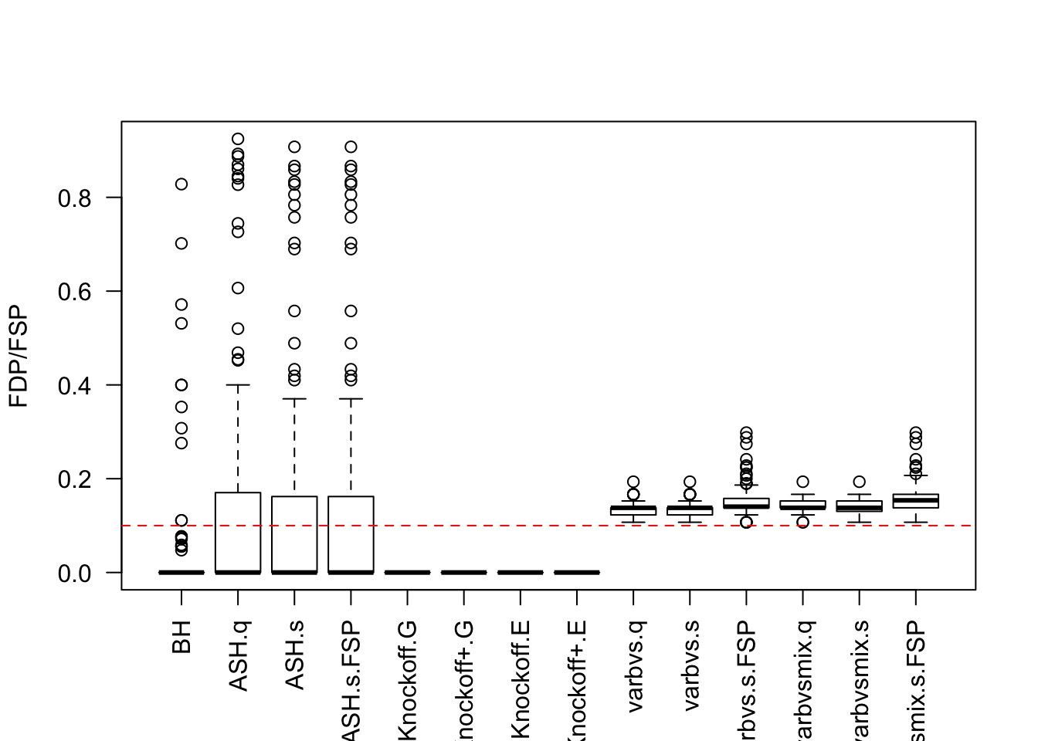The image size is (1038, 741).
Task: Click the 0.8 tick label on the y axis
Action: (75, 198)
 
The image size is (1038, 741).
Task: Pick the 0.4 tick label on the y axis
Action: (75, 385)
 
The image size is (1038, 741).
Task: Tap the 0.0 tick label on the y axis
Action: (75, 574)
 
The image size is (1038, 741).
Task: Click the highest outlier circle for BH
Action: (181, 184)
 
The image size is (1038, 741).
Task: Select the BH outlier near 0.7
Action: (181, 243)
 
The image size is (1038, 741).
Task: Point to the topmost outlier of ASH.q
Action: (238, 140)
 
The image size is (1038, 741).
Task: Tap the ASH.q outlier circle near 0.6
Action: (238, 288)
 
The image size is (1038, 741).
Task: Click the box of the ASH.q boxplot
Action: (238, 533)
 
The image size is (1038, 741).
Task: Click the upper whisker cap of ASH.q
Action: (238, 384)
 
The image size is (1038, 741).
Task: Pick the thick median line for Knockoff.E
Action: (521, 572)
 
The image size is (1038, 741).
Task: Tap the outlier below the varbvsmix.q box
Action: (803, 523)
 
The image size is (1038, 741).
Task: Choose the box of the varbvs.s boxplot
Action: (690, 510)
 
